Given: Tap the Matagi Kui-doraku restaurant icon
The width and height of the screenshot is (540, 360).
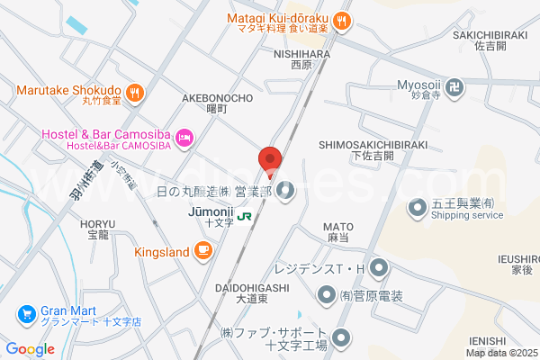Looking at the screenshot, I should pos(340,20).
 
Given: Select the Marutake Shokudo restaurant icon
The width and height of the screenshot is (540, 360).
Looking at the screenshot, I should pos(134,90).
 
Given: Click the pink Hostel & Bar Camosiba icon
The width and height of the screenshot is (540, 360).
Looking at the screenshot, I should pos(184,136).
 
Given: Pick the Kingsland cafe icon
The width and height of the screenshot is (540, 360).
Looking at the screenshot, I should pos(203,249).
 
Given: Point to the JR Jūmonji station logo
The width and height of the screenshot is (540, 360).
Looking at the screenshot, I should pos(244,215).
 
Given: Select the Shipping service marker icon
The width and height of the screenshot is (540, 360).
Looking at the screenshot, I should pos(417,209).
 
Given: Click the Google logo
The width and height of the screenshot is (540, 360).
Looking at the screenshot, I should pos(30,349).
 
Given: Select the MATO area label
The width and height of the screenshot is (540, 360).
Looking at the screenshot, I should pos(338,228).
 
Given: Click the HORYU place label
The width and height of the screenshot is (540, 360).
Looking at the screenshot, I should pos(96,224).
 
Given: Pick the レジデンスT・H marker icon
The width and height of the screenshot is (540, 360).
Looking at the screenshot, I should pos(378,267).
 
